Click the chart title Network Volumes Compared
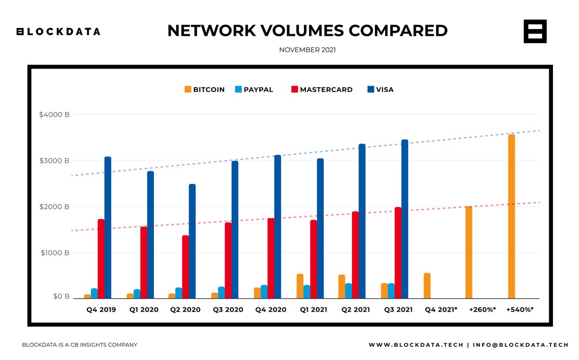point(307,31)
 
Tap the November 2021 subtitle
point(307,50)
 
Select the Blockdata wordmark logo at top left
point(58,32)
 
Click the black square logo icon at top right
point(535,32)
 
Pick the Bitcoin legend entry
point(205,89)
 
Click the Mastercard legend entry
point(322,89)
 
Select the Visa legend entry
point(381,89)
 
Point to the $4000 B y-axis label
point(55,115)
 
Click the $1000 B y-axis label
point(55,253)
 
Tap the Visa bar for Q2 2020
point(192,241)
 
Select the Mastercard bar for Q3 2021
point(398,253)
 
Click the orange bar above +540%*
point(511,217)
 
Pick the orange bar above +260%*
point(469,252)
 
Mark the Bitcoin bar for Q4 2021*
point(427,286)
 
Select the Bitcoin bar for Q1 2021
point(300,286)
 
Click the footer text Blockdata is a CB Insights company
point(80,345)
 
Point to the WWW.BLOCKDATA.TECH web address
point(415,345)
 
